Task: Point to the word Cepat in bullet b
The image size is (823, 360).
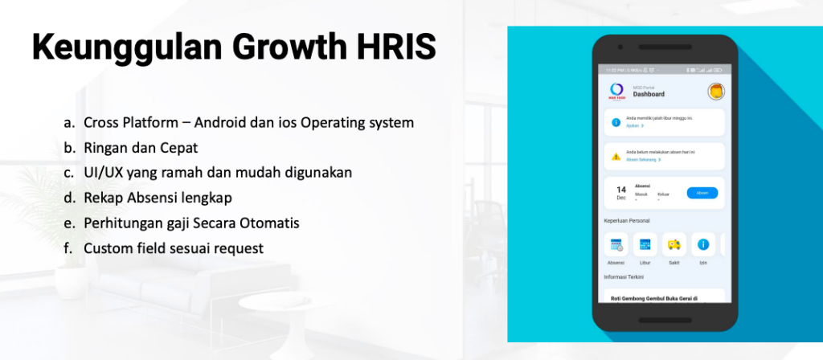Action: point(178,148)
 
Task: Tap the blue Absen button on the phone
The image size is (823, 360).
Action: point(702,193)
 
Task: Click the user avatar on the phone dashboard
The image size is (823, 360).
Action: point(714,92)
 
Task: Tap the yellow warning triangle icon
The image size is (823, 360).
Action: point(616,156)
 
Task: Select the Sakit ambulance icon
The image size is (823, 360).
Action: point(674,244)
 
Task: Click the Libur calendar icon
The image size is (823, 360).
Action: point(645,244)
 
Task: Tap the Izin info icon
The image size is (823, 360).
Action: point(703,244)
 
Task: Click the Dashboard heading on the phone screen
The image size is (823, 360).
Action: point(649,94)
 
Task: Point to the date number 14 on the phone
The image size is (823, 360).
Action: point(621,190)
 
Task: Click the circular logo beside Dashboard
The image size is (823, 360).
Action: point(617,90)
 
